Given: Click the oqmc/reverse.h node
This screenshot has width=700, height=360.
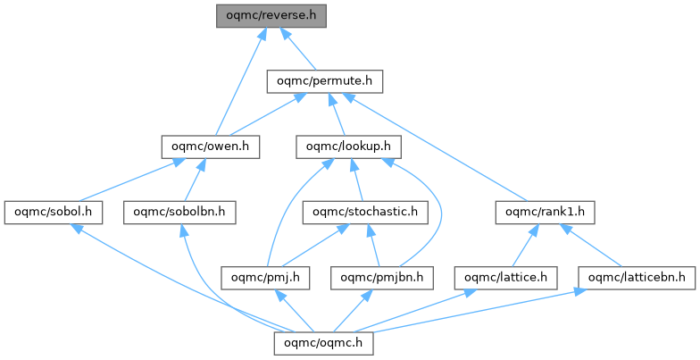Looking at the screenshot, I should point(271,15).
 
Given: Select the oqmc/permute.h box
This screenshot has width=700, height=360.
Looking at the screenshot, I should point(325,81).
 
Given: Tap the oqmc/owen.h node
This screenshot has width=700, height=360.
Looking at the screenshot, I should point(210,146).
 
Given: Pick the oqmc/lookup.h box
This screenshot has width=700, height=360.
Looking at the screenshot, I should point(348,146).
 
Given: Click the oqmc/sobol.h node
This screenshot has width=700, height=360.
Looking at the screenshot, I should point(53,212).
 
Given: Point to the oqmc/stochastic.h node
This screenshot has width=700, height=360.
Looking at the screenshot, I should point(365,212).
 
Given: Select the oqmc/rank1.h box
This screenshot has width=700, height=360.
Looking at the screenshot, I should point(545,212).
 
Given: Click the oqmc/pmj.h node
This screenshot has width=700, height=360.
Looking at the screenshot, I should point(266,277).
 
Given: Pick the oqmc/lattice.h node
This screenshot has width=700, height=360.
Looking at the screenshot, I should point(505,277).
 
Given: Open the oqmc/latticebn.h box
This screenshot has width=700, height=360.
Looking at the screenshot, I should point(637,277).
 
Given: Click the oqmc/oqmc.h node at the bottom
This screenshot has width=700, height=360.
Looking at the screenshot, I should point(324,343).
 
